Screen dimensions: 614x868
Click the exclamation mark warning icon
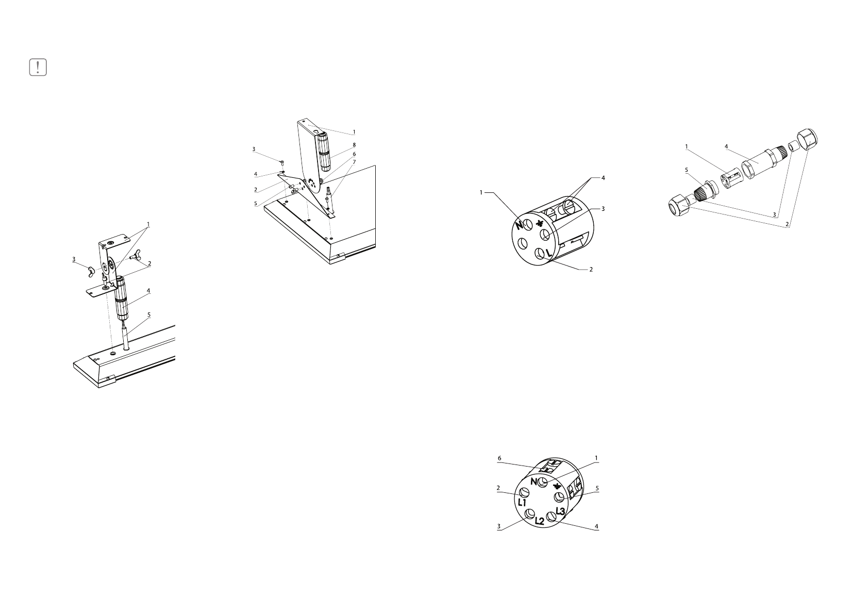tap(38, 68)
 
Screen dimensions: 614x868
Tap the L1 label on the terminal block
tap(522, 502)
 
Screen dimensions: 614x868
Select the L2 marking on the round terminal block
tap(539, 521)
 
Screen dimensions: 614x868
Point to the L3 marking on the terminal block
tap(561, 511)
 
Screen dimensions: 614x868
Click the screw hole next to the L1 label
tap(525, 492)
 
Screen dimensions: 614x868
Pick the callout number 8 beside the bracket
tap(354, 145)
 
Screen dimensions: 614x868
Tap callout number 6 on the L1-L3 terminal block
tap(499, 458)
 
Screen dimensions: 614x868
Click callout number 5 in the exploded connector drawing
tap(687, 169)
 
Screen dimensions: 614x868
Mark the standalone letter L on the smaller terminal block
tap(548, 254)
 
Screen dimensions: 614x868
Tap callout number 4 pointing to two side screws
tap(603, 178)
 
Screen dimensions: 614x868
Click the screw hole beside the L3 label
tap(552, 516)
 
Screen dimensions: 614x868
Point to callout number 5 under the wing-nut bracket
tap(149, 314)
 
